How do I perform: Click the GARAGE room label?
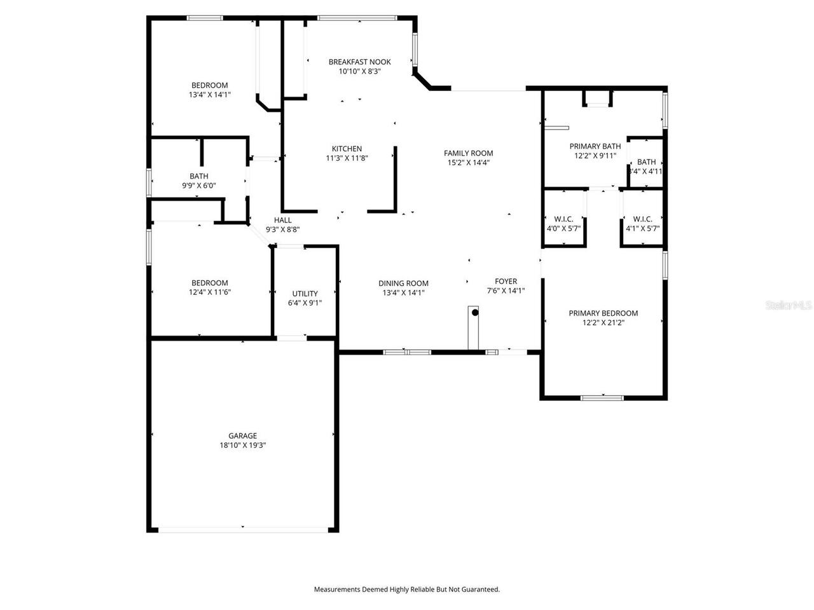(242, 435)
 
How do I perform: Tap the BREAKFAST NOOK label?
(359, 62)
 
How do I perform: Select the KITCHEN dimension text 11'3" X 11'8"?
(347, 158)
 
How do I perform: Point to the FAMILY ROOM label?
(468, 152)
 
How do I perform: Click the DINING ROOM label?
(403, 283)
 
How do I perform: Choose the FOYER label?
(506, 281)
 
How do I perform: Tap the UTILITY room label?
(305, 294)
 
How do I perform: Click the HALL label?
(283, 220)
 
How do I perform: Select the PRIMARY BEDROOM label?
(603, 313)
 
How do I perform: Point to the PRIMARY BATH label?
(595, 146)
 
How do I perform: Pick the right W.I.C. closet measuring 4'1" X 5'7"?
(642, 223)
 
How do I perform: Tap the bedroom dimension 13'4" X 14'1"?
(209, 95)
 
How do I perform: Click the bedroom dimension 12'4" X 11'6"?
(209, 292)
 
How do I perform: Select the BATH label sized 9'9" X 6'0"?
(198, 176)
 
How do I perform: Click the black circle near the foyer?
(474, 313)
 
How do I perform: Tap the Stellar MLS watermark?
(789, 305)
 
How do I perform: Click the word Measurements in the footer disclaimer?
(337, 590)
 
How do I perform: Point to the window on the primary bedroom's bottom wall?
(602, 398)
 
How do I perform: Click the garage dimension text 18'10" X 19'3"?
(242, 445)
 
